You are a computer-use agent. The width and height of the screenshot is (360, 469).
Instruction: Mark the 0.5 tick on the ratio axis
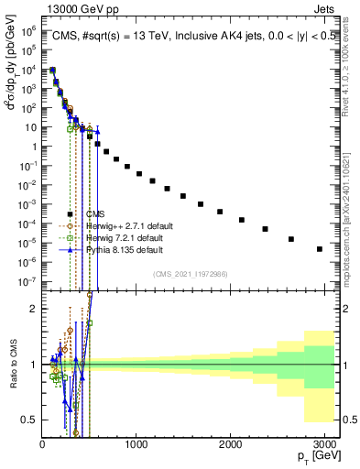pos(30,420)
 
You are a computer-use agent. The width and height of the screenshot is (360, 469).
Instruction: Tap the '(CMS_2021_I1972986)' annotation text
pos(189,274)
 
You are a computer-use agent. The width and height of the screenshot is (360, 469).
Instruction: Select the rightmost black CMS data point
pos(319,248)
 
